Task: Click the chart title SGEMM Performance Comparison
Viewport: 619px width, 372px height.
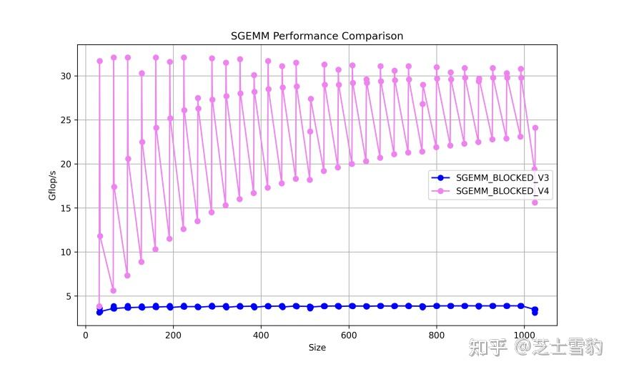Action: pos(317,36)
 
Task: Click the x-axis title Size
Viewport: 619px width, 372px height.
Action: pos(317,348)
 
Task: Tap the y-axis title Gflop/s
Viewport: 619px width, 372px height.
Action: pos(52,185)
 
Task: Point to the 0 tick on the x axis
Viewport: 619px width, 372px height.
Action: pos(86,335)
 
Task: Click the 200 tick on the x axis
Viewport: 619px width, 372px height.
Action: pos(173,335)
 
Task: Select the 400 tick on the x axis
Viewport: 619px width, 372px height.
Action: pos(261,335)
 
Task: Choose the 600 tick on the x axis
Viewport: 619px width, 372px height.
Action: pos(349,335)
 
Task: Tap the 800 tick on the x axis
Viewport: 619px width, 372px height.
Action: pos(436,335)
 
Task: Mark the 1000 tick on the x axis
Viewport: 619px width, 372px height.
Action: pos(524,335)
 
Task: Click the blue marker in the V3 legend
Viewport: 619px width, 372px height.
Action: pos(441,177)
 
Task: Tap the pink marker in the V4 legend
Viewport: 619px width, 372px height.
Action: pos(441,191)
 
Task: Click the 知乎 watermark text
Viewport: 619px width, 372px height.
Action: pos(487,348)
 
